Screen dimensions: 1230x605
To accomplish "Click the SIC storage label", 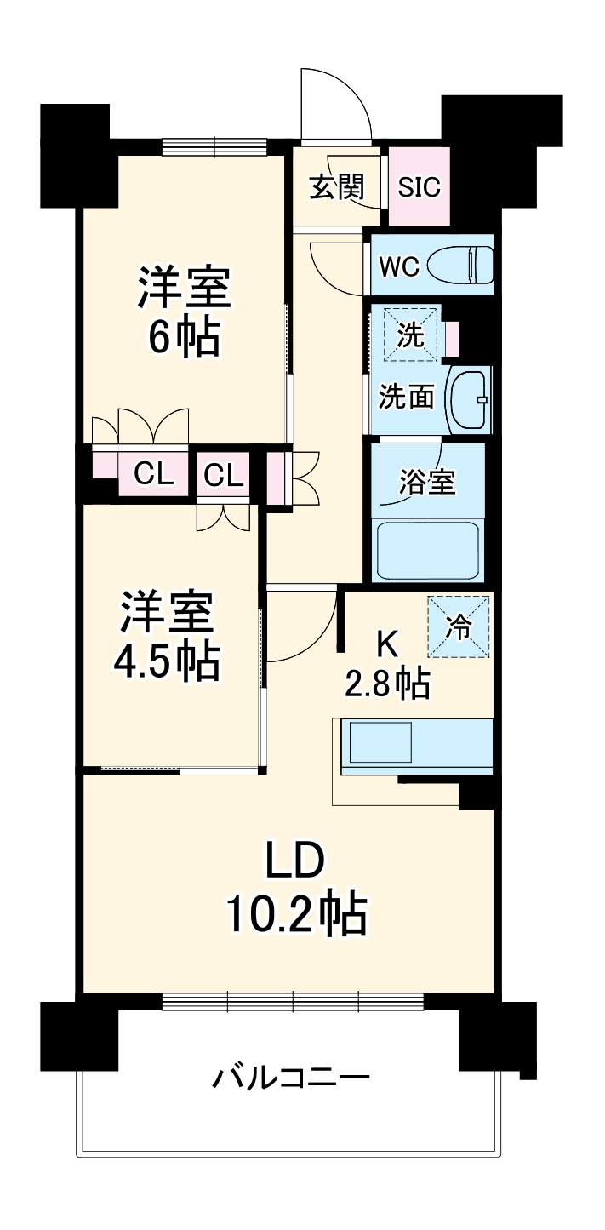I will [420, 186].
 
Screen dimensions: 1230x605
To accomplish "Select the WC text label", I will [399, 266].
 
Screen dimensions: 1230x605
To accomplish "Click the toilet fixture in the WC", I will [460, 265].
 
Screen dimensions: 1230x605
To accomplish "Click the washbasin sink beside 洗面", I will [469, 399].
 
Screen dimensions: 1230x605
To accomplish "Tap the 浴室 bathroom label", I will [427, 482].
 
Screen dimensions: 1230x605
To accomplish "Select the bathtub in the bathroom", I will [427, 552].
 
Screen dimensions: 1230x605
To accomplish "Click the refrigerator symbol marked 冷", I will [459, 626].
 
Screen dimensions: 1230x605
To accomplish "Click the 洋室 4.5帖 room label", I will [167, 635].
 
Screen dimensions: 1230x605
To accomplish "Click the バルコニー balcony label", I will [291, 1079].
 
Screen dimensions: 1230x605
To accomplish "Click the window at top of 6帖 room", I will [214, 147].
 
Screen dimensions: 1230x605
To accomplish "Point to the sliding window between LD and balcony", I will [292, 1001].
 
